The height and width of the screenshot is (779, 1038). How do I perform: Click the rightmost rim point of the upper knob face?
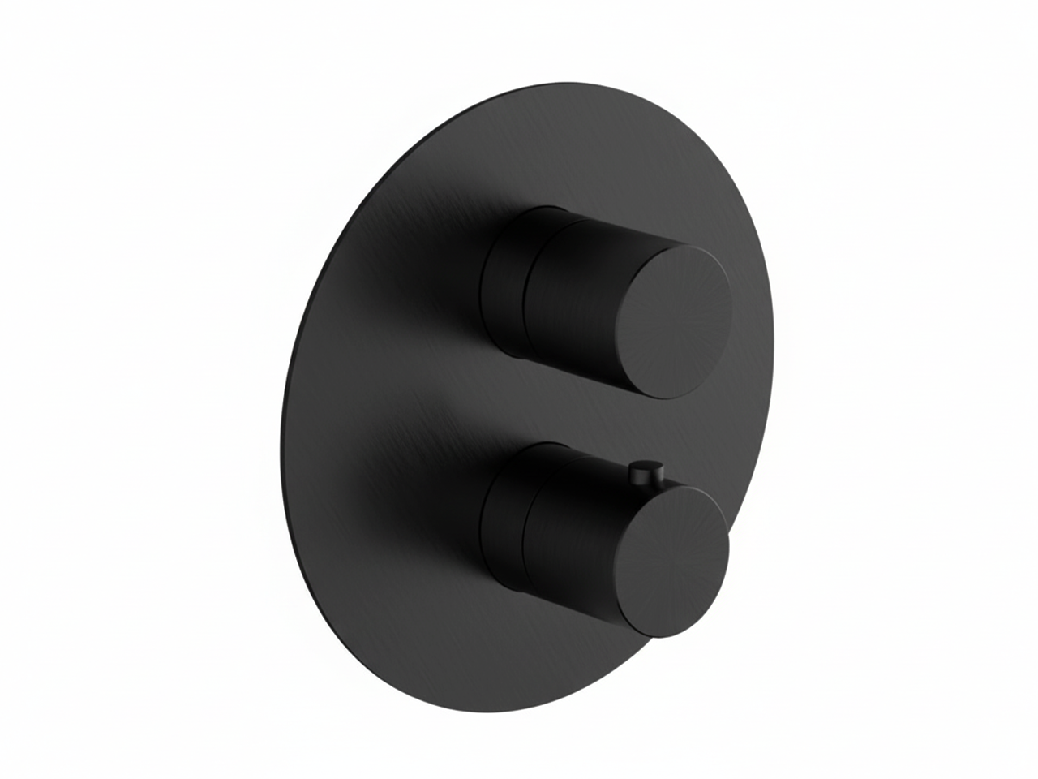[733, 312]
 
